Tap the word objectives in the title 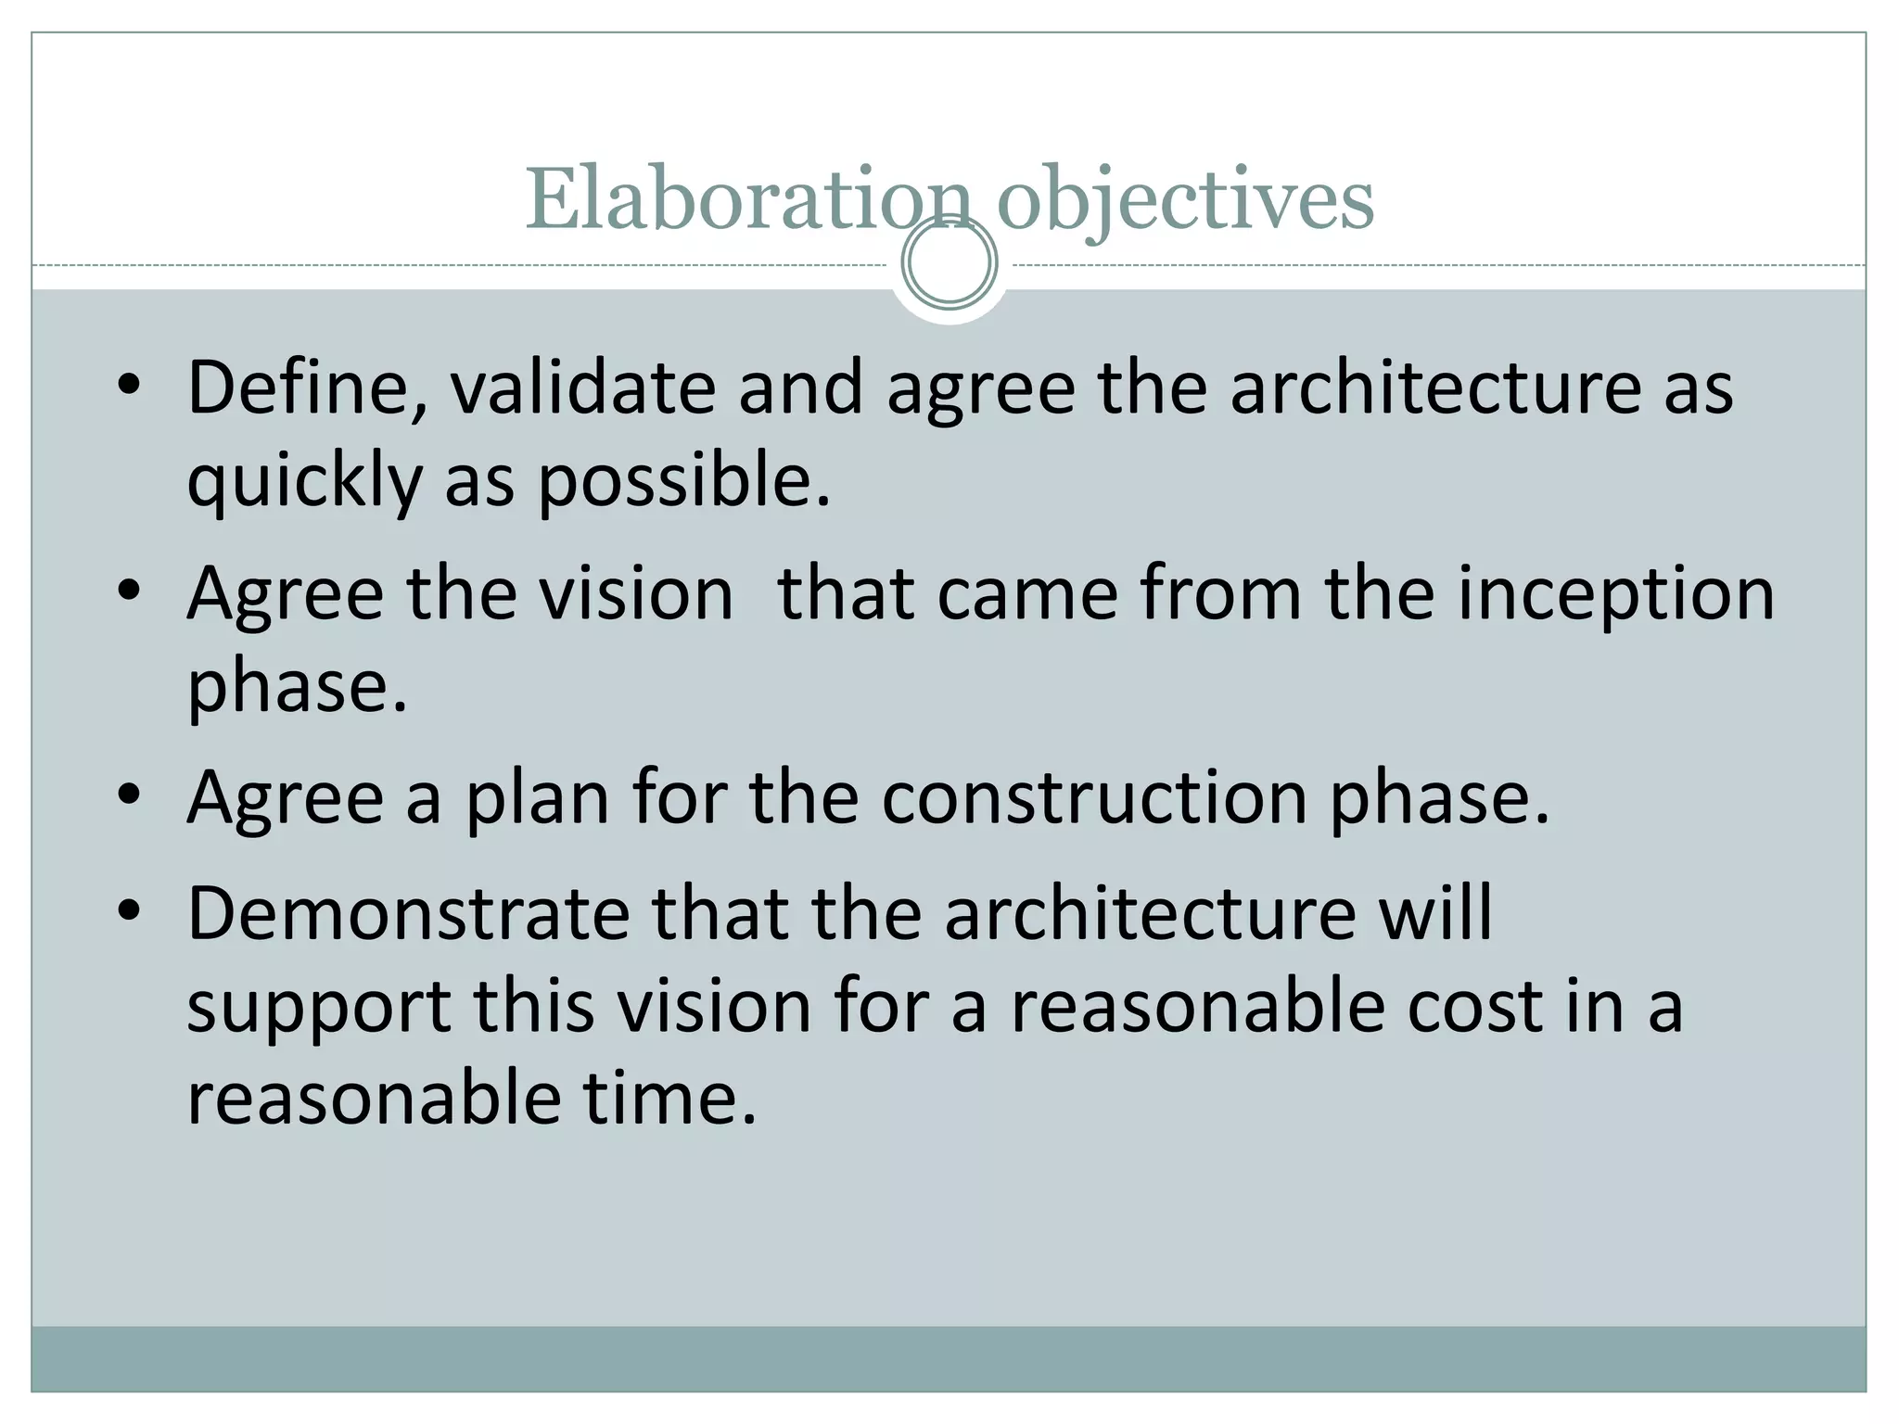pyautogui.click(x=1185, y=200)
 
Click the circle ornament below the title pyautogui.click(x=949, y=261)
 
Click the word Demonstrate pyautogui.click(x=409, y=914)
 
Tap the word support pyautogui.click(x=319, y=1009)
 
